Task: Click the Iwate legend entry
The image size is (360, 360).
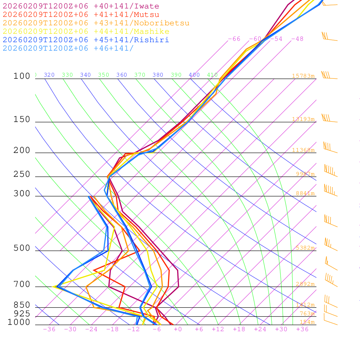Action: [x=81, y=6]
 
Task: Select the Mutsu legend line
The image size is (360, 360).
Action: [x=81, y=15]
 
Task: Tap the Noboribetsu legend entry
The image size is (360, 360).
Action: [x=96, y=23]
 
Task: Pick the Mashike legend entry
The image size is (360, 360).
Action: [x=86, y=32]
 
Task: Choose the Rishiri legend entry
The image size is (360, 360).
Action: [x=86, y=40]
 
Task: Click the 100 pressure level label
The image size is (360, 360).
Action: [x=22, y=76]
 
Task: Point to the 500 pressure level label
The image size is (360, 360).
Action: [x=22, y=249]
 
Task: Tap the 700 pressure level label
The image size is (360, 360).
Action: [x=22, y=284]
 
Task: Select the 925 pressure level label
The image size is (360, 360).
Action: [x=22, y=314]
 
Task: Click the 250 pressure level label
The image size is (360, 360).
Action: [x=22, y=174]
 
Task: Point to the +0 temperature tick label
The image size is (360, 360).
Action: [x=178, y=329]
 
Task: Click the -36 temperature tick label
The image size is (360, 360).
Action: [x=49, y=329]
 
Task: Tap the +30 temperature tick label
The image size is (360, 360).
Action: [x=281, y=329]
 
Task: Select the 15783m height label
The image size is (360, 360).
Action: [x=303, y=76]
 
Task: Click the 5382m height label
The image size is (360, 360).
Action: [x=305, y=248]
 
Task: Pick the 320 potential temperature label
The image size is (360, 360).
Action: [x=49, y=75]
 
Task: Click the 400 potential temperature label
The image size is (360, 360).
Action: [x=194, y=75]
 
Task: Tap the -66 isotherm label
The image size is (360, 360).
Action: [x=234, y=39]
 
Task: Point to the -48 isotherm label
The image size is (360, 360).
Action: [x=297, y=39]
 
